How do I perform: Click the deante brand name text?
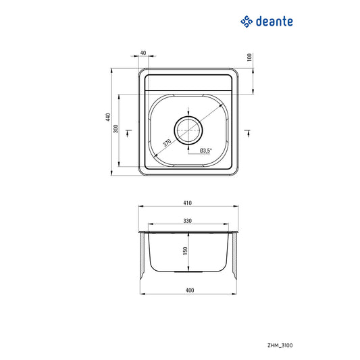point(274,22)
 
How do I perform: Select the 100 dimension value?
point(249,57)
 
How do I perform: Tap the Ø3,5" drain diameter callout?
point(206,151)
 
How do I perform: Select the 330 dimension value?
point(188,220)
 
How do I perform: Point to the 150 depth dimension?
point(184,251)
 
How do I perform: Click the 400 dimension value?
point(189,291)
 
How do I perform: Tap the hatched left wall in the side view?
point(141,257)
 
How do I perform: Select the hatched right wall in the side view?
point(236,257)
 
